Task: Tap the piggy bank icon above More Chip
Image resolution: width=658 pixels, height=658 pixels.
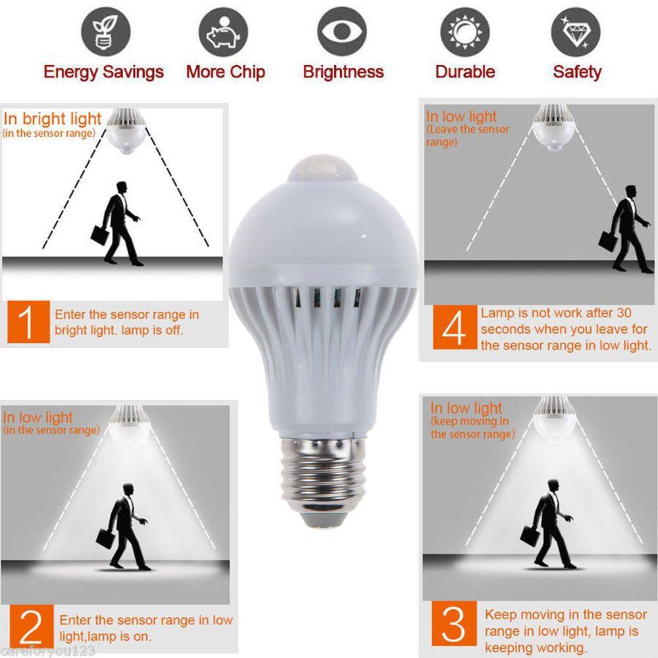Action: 224,32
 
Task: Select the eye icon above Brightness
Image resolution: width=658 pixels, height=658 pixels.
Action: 342,32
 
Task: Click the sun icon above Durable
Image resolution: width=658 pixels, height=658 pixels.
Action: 465,32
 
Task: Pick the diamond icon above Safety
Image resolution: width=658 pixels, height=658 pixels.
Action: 575,32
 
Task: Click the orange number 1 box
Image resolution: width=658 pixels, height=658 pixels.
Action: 28,322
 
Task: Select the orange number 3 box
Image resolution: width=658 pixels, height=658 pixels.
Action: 453,623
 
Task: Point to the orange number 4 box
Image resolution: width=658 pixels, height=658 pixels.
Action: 453,329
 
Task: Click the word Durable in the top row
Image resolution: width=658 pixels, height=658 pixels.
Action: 465,72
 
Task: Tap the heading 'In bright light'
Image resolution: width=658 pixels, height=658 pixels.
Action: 53,119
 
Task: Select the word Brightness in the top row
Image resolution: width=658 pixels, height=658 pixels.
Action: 343,72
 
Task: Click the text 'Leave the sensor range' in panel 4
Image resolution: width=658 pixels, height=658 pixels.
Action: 467,136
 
